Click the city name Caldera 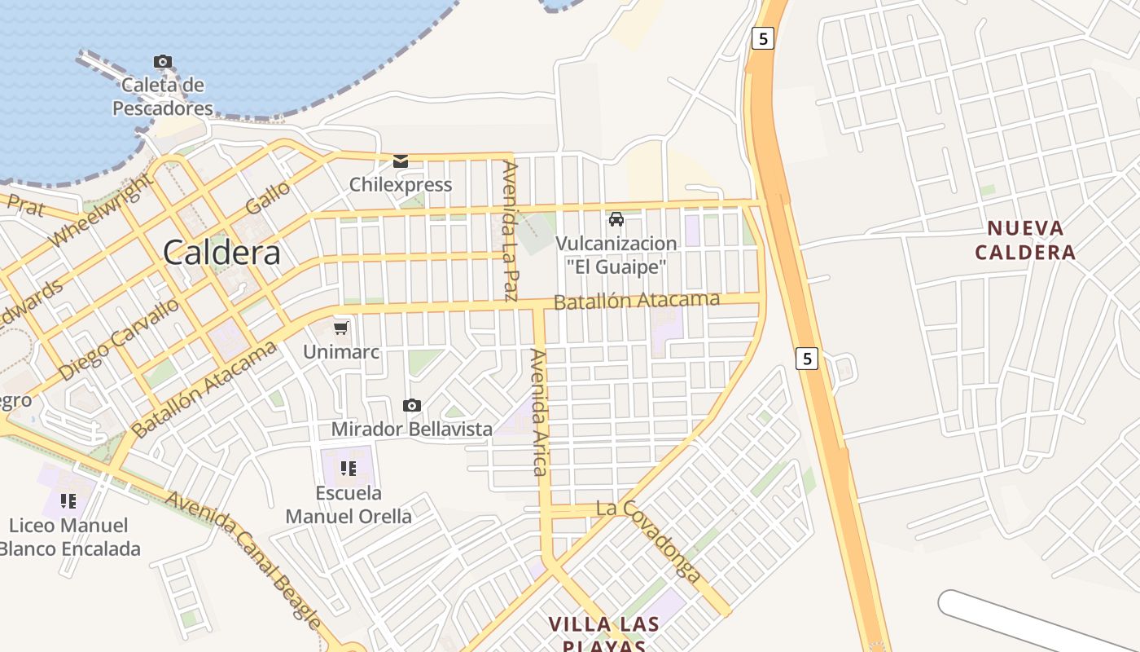pos(221,253)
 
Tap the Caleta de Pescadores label pos(163,96)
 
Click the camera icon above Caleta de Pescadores pos(163,61)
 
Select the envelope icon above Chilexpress pos(401,161)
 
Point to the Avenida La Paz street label pos(511,231)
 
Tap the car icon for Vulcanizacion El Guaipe pos(616,218)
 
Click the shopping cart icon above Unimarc pos(341,328)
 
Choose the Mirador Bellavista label pos(411,429)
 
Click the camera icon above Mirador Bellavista pos(412,405)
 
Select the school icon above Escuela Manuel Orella pos(349,468)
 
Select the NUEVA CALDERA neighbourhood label pos(1025,240)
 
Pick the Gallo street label pos(268,198)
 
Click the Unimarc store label pos(341,352)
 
